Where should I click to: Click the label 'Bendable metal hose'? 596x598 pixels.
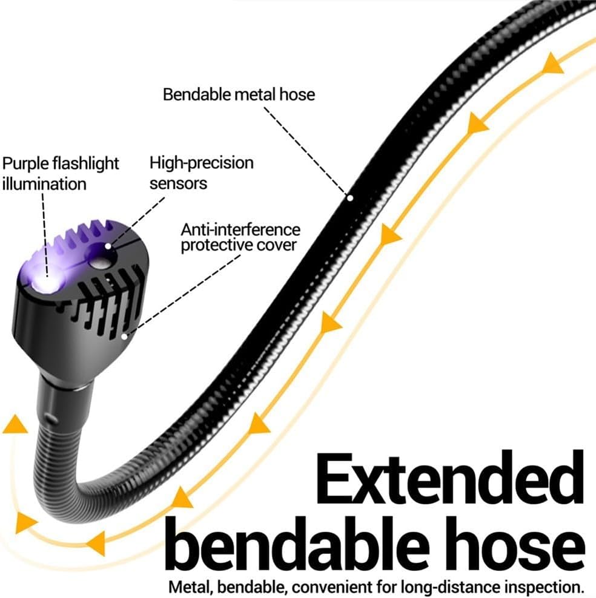pos(239,94)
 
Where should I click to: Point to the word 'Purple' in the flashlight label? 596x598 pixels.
pos(25,164)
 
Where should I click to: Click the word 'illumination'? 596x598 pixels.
pos(44,184)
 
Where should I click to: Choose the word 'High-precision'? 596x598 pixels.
pos(202,163)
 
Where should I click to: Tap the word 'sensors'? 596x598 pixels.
pos(178,184)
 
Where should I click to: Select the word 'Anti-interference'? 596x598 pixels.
pos(240,229)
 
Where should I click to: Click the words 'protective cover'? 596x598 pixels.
pos(239,245)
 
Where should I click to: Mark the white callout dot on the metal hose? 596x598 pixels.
pos(350,197)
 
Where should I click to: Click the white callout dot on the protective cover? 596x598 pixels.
pos(124,337)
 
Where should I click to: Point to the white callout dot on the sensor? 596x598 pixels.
pos(108,246)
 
